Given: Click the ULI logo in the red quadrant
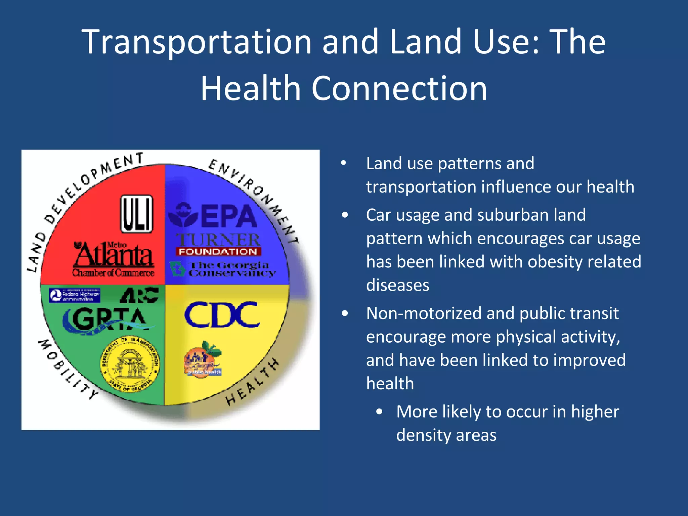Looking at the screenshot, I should [137, 214].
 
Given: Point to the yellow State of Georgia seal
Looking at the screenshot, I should [130, 364].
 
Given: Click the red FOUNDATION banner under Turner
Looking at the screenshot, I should [218, 252].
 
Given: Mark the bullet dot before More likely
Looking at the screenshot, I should [379, 412].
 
